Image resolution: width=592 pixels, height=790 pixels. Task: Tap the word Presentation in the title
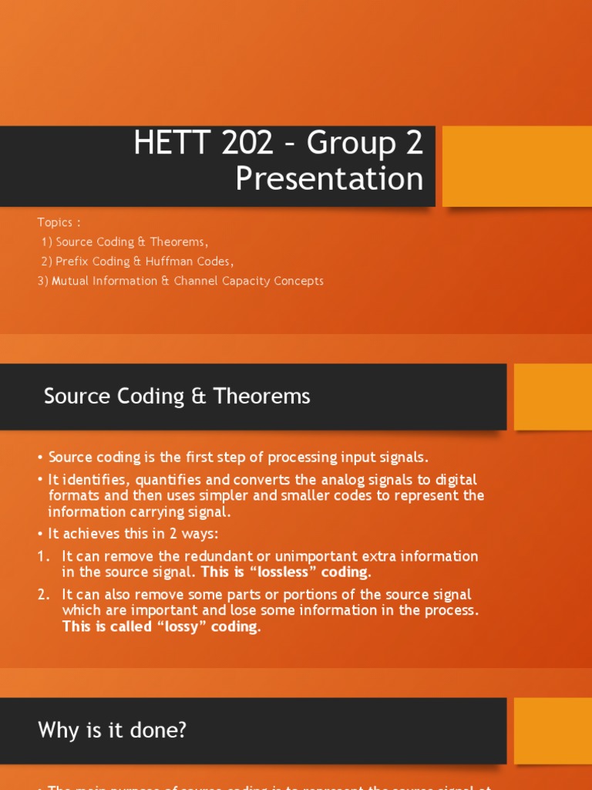click(x=329, y=179)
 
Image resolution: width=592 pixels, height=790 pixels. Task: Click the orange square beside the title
click(x=516, y=167)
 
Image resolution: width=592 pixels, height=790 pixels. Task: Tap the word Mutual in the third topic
click(x=72, y=281)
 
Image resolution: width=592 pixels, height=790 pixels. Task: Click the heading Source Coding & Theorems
click(x=177, y=397)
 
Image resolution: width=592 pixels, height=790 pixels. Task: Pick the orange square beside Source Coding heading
click(x=552, y=397)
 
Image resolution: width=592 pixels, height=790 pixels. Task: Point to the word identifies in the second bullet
click(x=96, y=479)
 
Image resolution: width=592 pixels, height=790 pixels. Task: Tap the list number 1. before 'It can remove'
click(x=44, y=556)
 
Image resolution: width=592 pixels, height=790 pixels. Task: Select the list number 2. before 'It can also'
click(x=44, y=595)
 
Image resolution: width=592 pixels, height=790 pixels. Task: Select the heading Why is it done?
click(x=112, y=730)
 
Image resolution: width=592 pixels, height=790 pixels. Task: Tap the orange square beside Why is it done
click(x=552, y=730)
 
